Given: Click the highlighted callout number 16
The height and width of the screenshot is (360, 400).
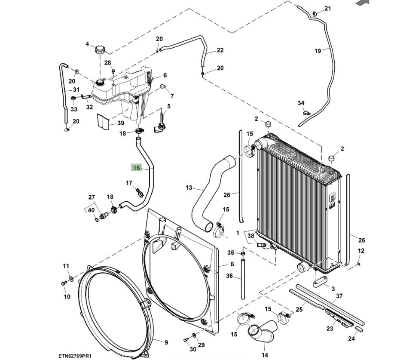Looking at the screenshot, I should (x=136, y=167).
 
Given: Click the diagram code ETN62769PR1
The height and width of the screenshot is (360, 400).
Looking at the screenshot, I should (x=75, y=356).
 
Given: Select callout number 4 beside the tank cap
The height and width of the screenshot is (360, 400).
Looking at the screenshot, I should (x=87, y=44).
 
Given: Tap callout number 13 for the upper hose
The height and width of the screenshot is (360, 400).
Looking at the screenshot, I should (x=189, y=188).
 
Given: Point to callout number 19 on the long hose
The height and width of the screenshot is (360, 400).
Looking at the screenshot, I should (x=318, y=51).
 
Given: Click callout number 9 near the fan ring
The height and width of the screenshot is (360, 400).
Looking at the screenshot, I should (x=166, y=342).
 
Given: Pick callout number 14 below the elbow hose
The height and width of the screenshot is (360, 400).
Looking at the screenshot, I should (x=265, y=355).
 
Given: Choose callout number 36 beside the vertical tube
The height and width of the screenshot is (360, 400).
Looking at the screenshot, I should (x=229, y=276).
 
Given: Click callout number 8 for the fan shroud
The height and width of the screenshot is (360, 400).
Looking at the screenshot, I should (x=232, y=264).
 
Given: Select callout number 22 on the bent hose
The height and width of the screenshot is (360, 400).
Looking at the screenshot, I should (x=220, y=50).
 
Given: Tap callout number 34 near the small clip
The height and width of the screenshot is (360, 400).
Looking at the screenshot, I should (x=301, y=103).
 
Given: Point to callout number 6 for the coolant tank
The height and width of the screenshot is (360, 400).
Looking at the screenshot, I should (x=165, y=75).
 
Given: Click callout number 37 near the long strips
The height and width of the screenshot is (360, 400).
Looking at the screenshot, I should (x=339, y=295).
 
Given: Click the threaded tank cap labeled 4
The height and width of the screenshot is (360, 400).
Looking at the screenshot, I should (x=101, y=49).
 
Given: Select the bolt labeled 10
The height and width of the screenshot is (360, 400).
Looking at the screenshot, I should (x=64, y=283).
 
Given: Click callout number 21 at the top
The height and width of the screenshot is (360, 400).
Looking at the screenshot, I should (x=328, y=9).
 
